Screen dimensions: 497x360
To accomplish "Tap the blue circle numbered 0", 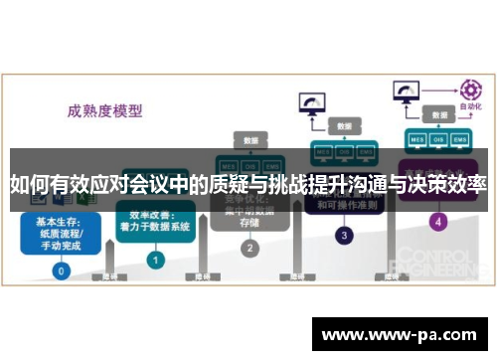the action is point(62,270).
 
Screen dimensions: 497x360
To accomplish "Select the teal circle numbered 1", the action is point(155,259).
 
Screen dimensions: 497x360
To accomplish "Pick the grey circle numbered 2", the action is point(249,248).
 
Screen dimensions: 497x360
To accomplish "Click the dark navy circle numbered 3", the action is point(344,236).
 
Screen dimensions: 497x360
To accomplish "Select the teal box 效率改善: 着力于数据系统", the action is point(155,221).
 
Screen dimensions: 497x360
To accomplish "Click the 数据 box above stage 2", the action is point(249,140).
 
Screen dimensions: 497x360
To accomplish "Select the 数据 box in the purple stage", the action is point(438,115).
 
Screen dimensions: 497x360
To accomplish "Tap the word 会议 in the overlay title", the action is point(141,185).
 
